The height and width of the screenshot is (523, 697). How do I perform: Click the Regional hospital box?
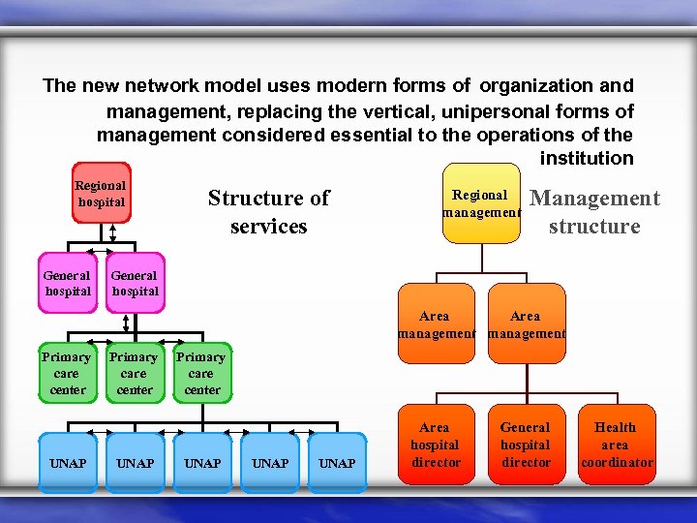click(101, 193)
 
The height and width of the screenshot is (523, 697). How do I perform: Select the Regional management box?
click(481, 203)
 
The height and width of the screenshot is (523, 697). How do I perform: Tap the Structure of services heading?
click(268, 212)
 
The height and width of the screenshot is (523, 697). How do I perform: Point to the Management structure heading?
click(595, 212)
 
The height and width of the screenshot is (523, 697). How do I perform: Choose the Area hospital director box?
click(435, 445)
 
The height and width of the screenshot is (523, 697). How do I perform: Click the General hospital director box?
click(525, 445)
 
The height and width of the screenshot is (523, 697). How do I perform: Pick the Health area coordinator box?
click(616, 445)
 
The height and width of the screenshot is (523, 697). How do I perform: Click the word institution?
click(587, 158)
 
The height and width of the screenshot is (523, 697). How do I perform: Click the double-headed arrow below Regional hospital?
click(112, 233)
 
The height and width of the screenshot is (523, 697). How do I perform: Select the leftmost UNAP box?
click(68, 463)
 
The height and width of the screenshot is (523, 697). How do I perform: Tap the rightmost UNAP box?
click(337, 463)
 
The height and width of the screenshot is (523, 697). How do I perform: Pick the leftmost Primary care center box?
click(67, 373)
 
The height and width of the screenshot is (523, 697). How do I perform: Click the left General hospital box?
click(68, 283)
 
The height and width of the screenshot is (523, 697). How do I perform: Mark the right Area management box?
click(526, 324)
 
